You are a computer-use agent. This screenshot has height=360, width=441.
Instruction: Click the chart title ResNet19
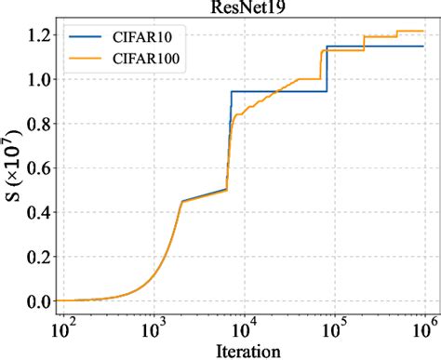pos(246,7)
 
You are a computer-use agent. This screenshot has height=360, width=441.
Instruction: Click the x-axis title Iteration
pos(246,350)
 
